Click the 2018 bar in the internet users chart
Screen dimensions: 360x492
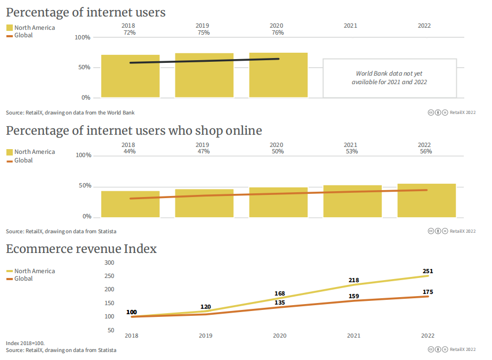click(130, 76)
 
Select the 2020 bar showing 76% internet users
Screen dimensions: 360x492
click(278, 75)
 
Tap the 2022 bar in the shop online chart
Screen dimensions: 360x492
click(426, 201)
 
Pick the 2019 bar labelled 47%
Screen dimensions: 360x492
click(204, 203)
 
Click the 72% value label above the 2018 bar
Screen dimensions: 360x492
click(128, 32)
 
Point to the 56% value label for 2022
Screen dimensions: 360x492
click(425, 152)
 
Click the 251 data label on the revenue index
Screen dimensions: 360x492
click(427, 271)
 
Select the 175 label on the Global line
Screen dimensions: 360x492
click(428, 292)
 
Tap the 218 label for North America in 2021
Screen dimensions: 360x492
click(353, 280)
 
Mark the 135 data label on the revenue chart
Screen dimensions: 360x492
click(279, 302)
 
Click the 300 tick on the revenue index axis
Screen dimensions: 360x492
click(109, 263)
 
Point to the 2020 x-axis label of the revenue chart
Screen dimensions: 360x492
click(279, 336)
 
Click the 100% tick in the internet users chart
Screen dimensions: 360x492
click(82, 37)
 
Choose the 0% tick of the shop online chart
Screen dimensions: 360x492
click(87, 217)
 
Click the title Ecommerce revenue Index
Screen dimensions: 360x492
click(81, 249)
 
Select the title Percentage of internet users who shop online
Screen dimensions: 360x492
click(134, 130)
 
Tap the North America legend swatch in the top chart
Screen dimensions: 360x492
click(10, 28)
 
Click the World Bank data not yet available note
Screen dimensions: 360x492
click(389, 78)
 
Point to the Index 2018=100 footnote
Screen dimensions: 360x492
click(25, 343)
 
